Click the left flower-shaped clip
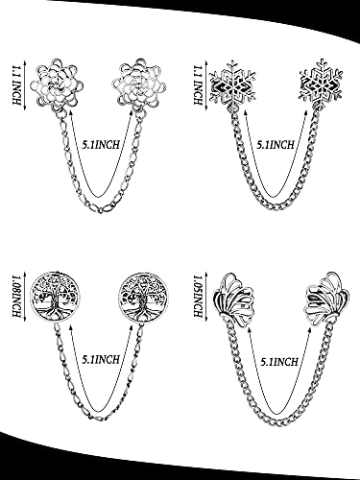pos(55,84)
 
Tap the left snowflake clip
pos(232,84)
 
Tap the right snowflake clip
pos(321,82)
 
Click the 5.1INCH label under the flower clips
pos(101,145)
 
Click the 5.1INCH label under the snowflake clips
pos(276,145)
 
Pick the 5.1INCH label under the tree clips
pos(101,359)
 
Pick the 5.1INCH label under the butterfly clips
pos(279,362)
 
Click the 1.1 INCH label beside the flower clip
pos(16,84)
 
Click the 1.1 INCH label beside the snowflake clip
pos(198,84)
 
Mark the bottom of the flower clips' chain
pos(101,210)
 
